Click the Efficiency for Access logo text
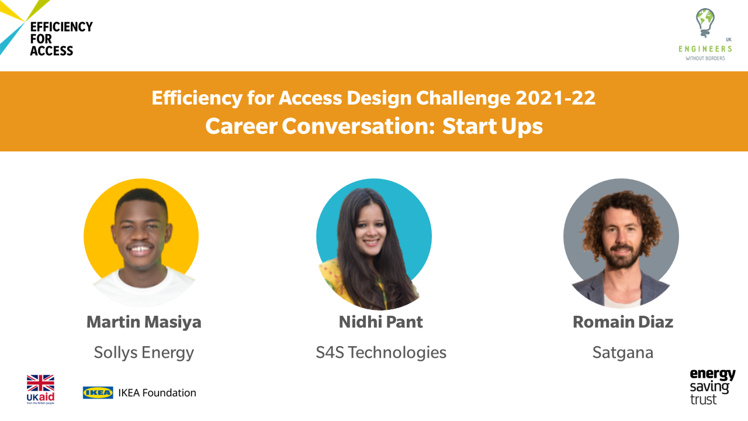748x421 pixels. click(61, 39)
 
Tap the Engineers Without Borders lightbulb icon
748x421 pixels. click(705, 23)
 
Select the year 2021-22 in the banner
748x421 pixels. click(555, 98)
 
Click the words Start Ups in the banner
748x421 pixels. click(493, 127)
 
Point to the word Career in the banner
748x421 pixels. click(241, 127)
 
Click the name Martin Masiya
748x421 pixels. click(144, 322)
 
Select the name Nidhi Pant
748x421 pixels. click(380, 322)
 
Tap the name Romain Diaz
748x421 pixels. click(623, 322)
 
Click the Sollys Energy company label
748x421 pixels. click(144, 353)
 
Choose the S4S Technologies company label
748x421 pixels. click(381, 353)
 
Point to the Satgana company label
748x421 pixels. click(623, 353)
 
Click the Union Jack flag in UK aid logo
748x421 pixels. click(40, 383)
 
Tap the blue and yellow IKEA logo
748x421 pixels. click(98, 393)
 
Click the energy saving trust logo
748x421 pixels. click(712, 387)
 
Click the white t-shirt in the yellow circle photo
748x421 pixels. click(144, 291)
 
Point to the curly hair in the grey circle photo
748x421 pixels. click(622, 214)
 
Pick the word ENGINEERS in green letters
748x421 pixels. click(705, 49)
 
